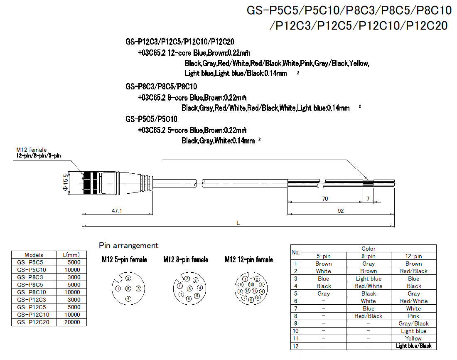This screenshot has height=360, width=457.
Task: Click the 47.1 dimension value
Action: pos(117,211)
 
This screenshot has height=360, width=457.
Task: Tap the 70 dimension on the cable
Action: pos(325,199)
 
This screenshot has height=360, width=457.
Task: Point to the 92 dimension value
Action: pos(341,211)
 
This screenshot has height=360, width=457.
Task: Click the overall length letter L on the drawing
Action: pos(238,223)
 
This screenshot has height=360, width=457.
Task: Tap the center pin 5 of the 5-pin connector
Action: pos(128,288)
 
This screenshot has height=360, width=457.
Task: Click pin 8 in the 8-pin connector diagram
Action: pos(190,288)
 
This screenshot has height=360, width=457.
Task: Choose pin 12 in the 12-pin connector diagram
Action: pos(248,291)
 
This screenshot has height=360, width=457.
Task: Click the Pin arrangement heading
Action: pos(128,246)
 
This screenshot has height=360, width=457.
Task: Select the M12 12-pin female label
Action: pos(249,260)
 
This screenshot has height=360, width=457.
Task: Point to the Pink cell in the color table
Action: pos(413,316)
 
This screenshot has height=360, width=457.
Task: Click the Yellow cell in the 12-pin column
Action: pos(413,338)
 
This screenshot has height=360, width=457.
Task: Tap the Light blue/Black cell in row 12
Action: pos(413,346)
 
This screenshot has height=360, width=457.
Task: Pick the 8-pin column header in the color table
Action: pos(368,256)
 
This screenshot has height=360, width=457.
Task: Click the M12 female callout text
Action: pos(32,150)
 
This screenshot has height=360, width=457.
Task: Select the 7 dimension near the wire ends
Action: pos(368,199)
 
